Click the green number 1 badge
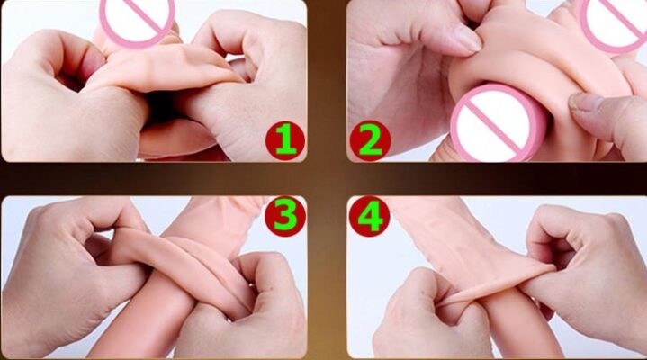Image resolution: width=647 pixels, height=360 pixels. (x=285, y=140)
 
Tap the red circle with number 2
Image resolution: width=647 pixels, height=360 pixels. (x=370, y=140)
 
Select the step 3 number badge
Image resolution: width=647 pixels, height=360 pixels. (x=285, y=216)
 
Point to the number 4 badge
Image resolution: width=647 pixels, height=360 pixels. (x=370, y=216)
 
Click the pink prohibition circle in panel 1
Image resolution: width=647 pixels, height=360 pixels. (x=138, y=22)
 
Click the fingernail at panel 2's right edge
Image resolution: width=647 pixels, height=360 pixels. (x=582, y=102)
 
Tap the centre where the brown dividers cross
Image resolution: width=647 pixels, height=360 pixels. (x=327, y=179)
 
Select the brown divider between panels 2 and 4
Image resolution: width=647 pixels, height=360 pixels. (x=497, y=179)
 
